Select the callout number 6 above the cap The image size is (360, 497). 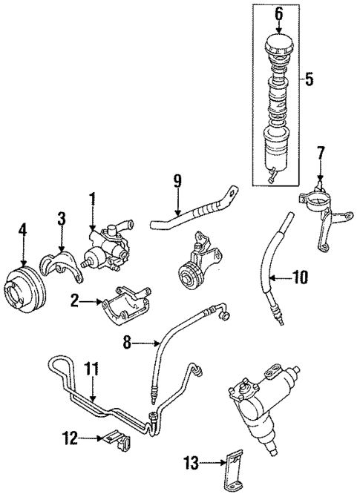[x=279, y=13]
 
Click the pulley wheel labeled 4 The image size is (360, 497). [x=23, y=292]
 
